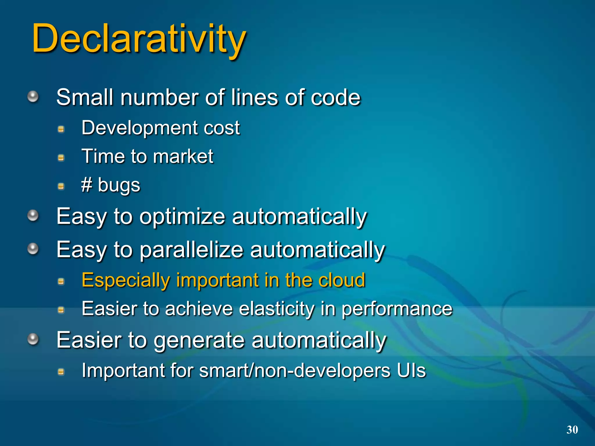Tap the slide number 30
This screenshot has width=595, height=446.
[x=572, y=429]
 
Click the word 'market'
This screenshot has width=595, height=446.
[x=183, y=157]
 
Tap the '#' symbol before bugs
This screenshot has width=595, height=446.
[x=87, y=185]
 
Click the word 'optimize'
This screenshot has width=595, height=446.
[x=182, y=217]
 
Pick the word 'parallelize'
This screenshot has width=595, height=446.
[x=191, y=250]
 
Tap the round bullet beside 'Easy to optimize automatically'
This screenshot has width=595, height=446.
[x=33, y=215]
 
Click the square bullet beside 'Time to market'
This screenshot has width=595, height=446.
[x=61, y=158]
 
